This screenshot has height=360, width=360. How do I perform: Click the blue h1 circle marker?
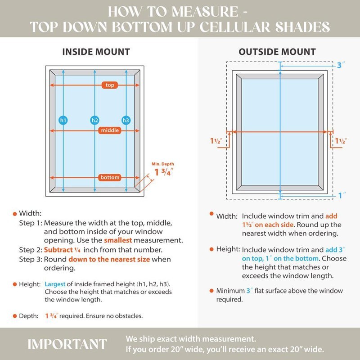pos(63,120)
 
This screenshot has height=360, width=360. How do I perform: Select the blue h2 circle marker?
pos(94,120)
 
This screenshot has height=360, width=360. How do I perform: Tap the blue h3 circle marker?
pos(126,120)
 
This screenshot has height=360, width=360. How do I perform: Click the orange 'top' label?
pos(110,85)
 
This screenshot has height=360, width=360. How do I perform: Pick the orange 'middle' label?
pos(110,130)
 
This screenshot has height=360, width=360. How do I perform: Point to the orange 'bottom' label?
pos(110,177)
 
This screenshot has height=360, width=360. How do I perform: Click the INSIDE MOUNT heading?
pos(96,52)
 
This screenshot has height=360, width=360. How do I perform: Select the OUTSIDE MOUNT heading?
pos(277,52)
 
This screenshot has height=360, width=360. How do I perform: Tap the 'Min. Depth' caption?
pos(163,164)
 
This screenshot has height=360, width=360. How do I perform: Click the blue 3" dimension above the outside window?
pos(341,65)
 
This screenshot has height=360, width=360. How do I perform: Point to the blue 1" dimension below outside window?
pos(342,195)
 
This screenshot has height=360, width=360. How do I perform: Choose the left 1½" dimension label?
pos(216,141)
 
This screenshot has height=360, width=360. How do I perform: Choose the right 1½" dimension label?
pos(341,141)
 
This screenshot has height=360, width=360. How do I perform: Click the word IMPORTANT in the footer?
pos(67,344)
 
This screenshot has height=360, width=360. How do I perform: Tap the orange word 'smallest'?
pos(118,240)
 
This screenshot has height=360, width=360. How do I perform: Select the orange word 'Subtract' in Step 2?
pos(58,250)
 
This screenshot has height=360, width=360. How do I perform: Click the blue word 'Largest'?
pos(55,284)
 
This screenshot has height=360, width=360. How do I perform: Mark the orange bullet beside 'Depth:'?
pos(15,316)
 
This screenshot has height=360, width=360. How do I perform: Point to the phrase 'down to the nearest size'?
pos(109,259)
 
